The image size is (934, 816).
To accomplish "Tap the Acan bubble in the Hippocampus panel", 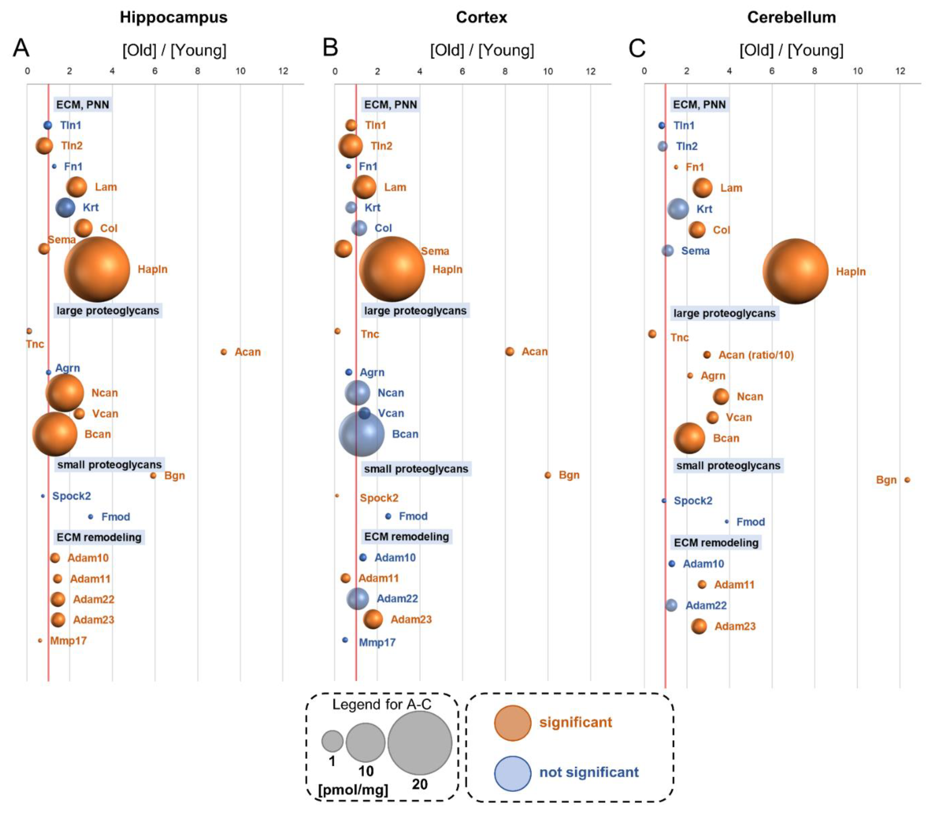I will pos(223,352).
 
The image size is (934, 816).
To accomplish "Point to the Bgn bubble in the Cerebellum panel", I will pos(907,479).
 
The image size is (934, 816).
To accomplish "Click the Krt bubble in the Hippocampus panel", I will pos(65,207).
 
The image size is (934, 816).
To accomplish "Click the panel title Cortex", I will pos(481,17).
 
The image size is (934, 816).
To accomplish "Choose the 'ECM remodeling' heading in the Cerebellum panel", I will pos(716,542).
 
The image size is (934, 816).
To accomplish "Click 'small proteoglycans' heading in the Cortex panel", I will pos(416,469).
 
